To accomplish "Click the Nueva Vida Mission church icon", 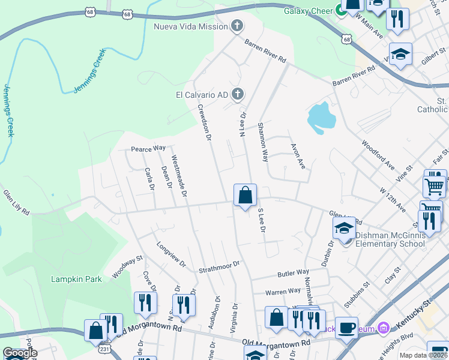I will (238, 26).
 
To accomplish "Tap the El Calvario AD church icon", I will (238, 94).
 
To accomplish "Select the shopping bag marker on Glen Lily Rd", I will (245, 196).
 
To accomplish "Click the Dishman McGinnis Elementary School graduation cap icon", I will (345, 229).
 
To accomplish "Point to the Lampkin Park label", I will (76, 279).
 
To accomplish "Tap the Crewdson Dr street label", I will (205, 122).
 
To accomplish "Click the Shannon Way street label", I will (262, 142).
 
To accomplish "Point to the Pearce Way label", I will (148, 148).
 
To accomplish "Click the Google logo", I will (20, 353).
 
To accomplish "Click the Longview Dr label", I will (172, 255).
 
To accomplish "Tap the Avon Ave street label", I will (298, 155).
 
